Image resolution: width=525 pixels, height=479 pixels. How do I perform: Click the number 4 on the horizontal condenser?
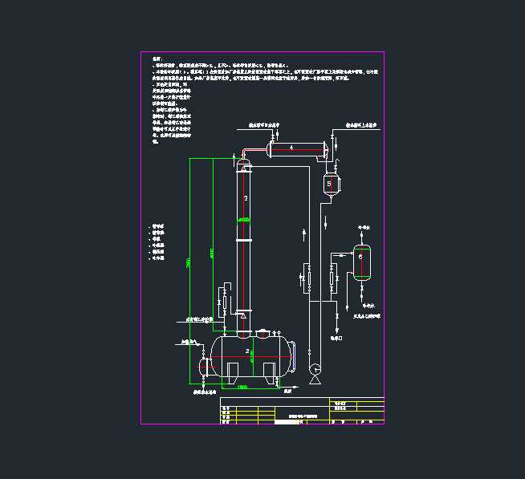click(291, 147)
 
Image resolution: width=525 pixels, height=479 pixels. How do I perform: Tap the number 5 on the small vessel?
click(329, 184)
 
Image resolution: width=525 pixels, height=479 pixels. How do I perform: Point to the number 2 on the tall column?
click(246, 197)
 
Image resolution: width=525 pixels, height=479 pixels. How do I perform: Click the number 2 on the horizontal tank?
click(247, 351)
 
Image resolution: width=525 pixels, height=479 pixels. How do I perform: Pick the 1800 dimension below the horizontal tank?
click(243, 387)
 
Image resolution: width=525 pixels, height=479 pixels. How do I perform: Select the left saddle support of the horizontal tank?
click(231, 371)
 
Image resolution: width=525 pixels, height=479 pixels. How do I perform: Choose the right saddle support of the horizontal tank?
click(271, 371)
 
